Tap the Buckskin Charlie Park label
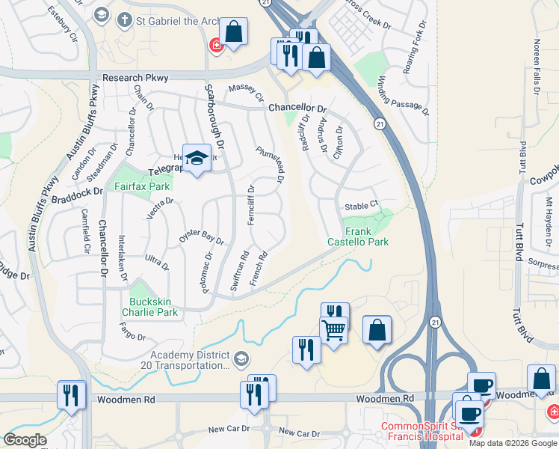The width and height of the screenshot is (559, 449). point(149,307)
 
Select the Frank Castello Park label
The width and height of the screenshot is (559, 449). point(358,236)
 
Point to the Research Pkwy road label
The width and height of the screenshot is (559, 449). point(135,77)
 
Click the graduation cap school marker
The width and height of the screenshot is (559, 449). point(197,158)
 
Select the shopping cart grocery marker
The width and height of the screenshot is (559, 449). point(333,329)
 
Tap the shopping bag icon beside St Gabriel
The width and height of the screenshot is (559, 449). point(234,32)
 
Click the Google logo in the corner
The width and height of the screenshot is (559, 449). point(25,440)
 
